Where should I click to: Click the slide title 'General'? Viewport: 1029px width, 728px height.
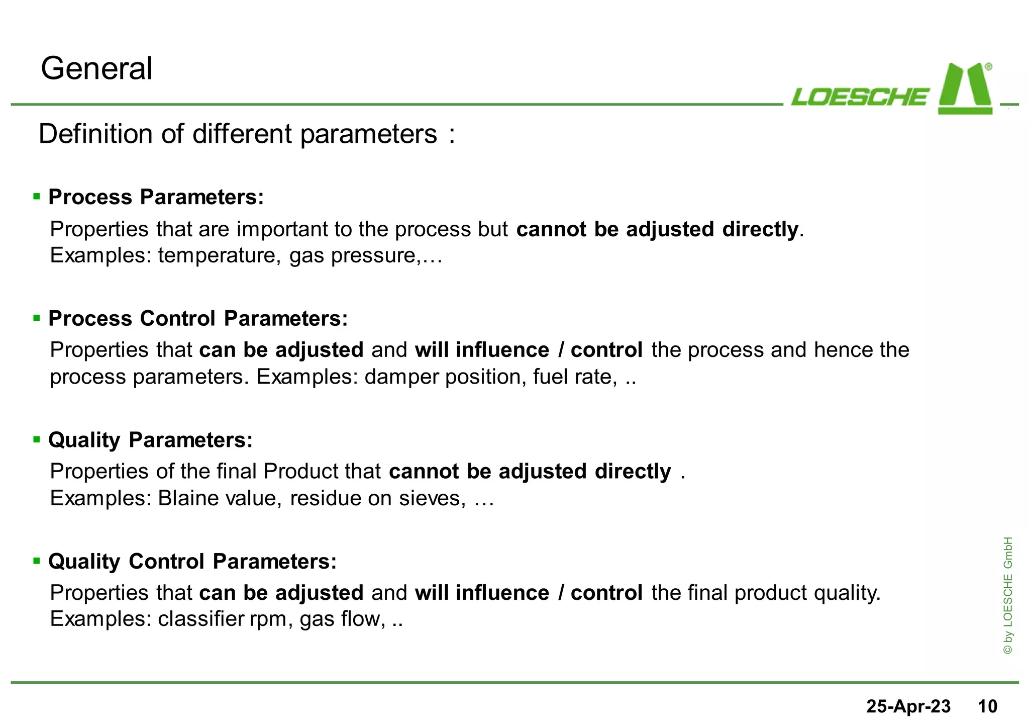pos(96,68)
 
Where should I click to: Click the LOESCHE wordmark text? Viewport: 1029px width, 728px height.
pos(860,97)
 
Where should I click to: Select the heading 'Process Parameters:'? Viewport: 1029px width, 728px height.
pos(156,197)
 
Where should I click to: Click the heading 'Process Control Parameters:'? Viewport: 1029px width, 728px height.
pos(198,319)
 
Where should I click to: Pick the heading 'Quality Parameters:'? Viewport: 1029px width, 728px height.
pos(150,440)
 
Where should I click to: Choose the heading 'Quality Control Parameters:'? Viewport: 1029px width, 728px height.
pos(192,562)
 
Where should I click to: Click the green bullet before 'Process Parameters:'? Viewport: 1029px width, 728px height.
pos(36,197)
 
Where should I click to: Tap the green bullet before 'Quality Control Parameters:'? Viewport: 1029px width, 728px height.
pos(36,561)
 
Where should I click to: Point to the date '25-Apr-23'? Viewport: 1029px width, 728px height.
pos(908,706)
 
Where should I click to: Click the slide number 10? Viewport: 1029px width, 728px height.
pos(987,706)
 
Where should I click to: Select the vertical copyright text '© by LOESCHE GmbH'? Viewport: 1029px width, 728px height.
pos(1007,596)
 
